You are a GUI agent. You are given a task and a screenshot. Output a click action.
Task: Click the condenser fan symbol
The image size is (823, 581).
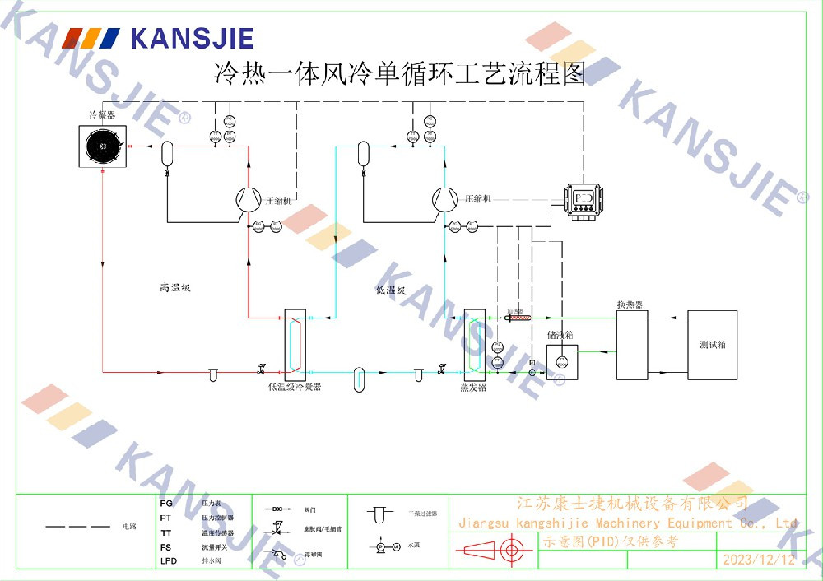click(x=103, y=146)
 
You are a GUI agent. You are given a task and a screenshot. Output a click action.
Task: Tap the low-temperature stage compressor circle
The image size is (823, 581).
click(x=444, y=198)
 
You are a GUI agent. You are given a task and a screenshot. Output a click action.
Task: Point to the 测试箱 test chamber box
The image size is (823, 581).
click(x=712, y=345)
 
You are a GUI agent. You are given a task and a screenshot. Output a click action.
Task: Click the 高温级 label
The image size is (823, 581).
click(x=174, y=288)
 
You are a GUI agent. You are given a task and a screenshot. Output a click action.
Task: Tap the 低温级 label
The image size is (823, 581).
click(x=390, y=290)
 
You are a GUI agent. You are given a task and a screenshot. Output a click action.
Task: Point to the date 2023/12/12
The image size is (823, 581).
click(x=759, y=560)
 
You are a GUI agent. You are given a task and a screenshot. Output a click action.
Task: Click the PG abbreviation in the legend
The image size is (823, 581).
click(x=166, y=503)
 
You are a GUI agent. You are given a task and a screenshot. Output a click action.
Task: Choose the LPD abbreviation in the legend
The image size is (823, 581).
click(x=169, y=561)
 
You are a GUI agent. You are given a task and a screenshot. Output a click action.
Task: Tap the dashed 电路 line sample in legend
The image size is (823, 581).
click(x=77, y=525)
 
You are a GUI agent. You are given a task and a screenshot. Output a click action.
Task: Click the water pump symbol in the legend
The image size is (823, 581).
click(x=387, y=546)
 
